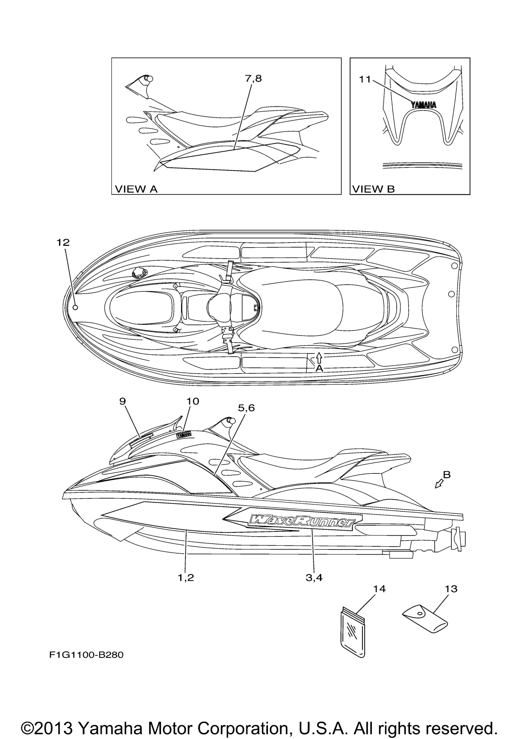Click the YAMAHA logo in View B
point(423,105)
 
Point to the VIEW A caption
point(136,189)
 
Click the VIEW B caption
point(373,189)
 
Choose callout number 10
point(192,401)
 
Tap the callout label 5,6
point(246,408)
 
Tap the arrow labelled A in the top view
point(319,357)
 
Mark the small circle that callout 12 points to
point(75,307)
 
